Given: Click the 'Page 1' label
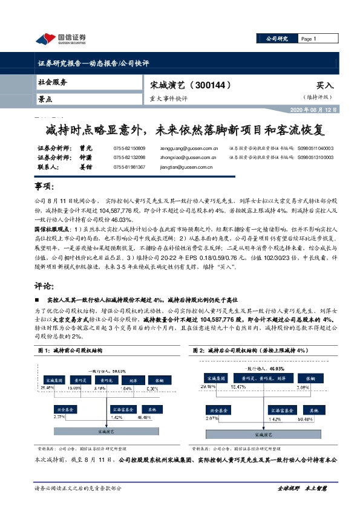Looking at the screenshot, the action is (309, 39).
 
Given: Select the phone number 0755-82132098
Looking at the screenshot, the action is (129, 157).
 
